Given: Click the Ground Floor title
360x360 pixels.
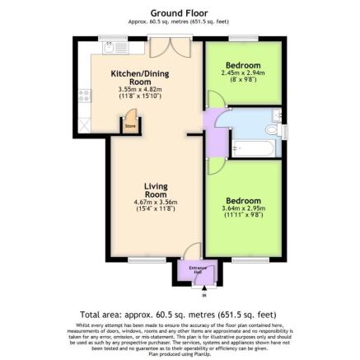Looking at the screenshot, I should tap(179, 13).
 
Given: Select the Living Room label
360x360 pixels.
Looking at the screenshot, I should tap(155, 190).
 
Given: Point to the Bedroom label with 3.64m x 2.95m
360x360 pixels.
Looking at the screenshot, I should tap(243, 200).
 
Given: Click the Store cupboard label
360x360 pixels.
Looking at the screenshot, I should tap(129, 126).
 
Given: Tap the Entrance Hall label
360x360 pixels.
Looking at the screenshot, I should tap(198, 269).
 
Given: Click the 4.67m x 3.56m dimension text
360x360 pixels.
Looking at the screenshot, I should tap(155, 203).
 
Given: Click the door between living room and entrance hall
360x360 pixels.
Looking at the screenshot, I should tap(189, 250).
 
